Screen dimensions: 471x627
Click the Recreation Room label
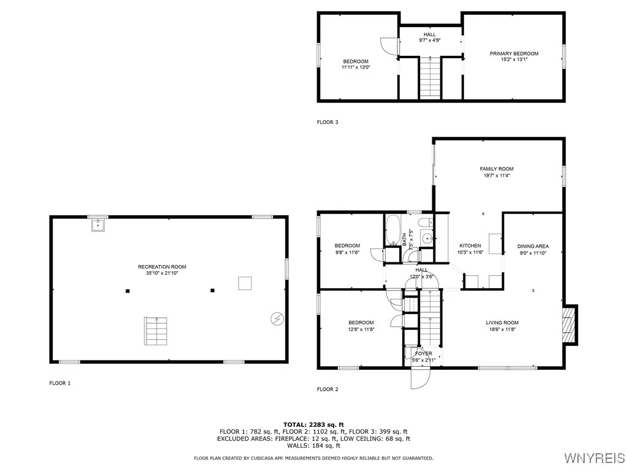[x=162, y=267]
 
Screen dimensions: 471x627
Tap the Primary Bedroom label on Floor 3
[x=514, y=53]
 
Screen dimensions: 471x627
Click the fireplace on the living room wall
[x=569, y=324]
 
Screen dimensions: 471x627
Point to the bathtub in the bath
[x=392, y=230]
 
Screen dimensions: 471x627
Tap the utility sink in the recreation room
[x=97, y=226]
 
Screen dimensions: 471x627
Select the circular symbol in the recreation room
[x=277, y=318]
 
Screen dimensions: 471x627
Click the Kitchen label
[x=470, y=245]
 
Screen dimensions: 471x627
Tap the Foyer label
[x=423, y=353]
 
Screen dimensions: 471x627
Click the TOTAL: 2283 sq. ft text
[x=313, y=424]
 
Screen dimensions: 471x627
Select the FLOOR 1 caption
[x=60, y=383]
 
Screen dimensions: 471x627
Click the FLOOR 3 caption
[x=327, y=122]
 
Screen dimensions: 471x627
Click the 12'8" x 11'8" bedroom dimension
[x=361, y=329]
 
